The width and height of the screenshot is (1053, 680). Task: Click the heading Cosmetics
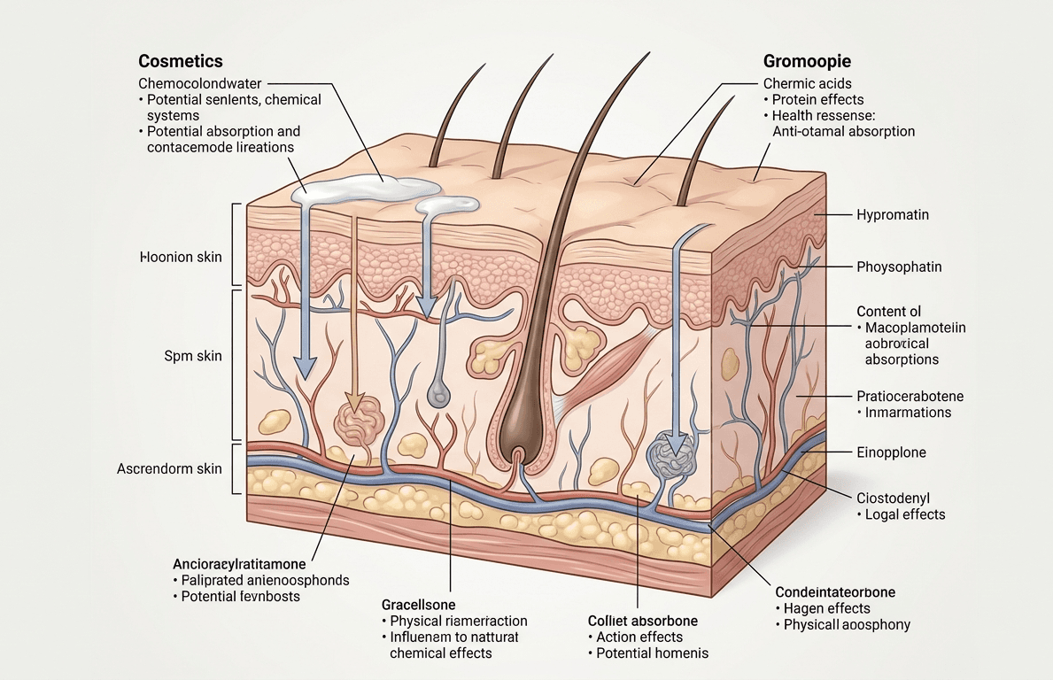[x=181, y=61]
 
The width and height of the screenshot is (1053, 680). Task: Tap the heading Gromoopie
[x=807, y=61]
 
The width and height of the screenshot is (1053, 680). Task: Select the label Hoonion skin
[x=181, y=257]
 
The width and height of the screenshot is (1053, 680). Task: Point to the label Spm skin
[x=193, y=356]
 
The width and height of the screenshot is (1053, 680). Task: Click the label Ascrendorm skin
[x=169, y=468]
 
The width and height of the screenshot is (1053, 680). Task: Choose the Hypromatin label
[x=893, y=215]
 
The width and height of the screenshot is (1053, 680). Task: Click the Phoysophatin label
[x=899, y=267]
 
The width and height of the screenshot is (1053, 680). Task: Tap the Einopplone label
[x=891, y=452]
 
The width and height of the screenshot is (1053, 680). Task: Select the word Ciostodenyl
[x=894, y=498]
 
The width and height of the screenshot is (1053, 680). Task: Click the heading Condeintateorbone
[x=835, y=592]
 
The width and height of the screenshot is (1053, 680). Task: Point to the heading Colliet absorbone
[x=643, y=621]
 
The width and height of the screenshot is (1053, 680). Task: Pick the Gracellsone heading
[x=418, y=605]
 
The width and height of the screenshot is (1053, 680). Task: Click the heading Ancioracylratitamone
[x=239, y=564]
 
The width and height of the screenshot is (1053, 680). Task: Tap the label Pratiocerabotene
[x=910, y=396]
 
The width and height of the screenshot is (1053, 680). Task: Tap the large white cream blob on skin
[x=365, y=188]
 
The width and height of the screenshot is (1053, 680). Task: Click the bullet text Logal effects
[x=904, y=514]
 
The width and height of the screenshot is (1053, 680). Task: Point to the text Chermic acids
[x=807, y=83]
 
